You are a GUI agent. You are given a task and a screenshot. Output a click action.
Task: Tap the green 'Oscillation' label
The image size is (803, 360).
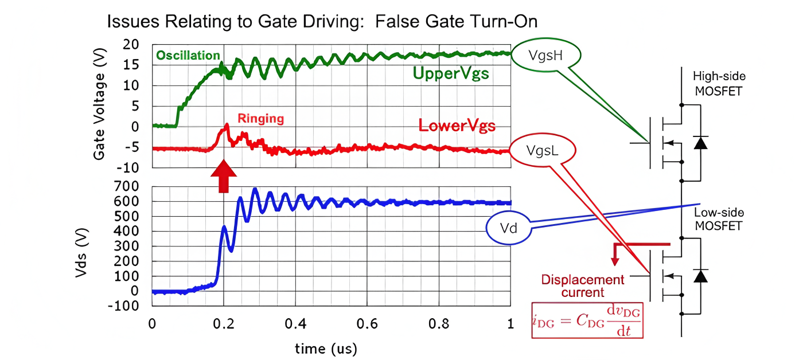pos(188,56)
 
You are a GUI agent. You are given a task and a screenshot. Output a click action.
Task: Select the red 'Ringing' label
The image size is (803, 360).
pos(261,119)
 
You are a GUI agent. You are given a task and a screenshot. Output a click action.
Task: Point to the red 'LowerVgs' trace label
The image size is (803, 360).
pos(457,125)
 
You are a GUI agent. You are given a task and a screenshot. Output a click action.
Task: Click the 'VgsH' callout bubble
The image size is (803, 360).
pos(545,56)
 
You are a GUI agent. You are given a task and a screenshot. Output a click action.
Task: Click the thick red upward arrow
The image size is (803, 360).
pos(224,177)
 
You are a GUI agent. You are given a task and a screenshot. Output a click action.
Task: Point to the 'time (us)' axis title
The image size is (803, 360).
pos(326,348)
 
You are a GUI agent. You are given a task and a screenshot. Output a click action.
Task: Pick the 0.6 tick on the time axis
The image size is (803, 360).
pos(367,324)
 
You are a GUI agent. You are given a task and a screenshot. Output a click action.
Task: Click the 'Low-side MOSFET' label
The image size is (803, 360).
pos(719,219)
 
